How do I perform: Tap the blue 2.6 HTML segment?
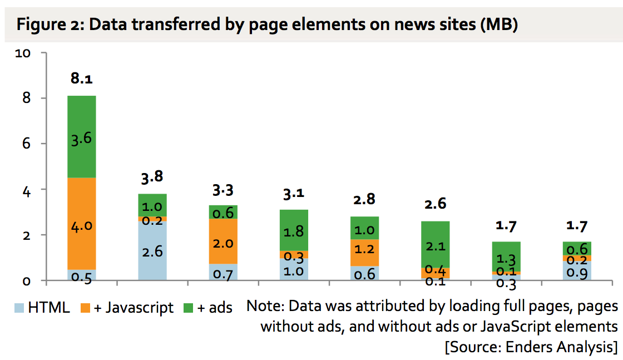pyautogui.click(x=152, y=250)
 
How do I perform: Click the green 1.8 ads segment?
pyautogui.click(x=293, y=230)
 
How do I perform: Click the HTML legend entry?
pyautogui.click(x=42, y=308)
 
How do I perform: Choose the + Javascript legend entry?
pyautogui.click(x=126, y=308)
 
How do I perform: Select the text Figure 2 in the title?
pyautogui.click(x=47, y=25)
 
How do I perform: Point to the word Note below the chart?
pyautogui.click(x=264, y=307)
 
